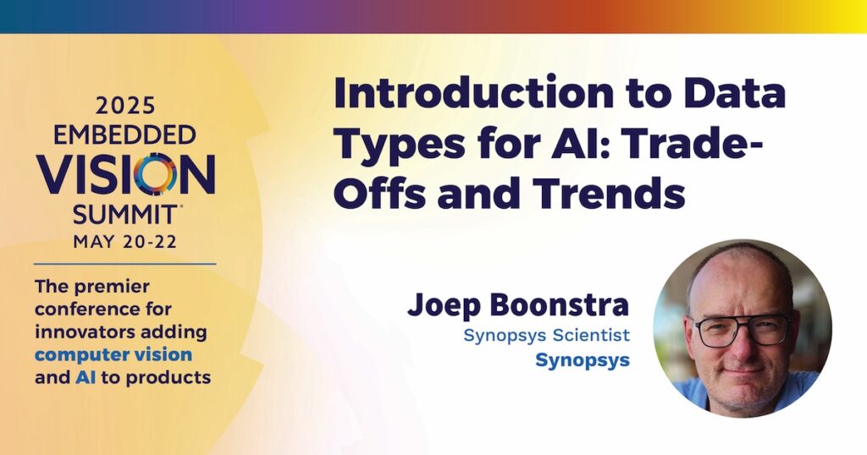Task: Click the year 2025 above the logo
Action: click(x=125, y=106)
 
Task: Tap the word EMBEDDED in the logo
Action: click(x=125, y=134)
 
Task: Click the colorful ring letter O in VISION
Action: click(x=156, y=174)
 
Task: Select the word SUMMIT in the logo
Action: click(x=125, y=214)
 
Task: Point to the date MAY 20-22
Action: click(x=125, y=242)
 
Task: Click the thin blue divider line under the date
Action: click(x=125, y=264)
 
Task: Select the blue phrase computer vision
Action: click(x=113, y=354)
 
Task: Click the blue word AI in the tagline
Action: click(x=81, y=378)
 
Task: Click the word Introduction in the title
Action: click(x=474, y=94)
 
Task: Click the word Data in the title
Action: click(x=735, y=94)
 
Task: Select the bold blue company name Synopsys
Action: click(x=583, y=361)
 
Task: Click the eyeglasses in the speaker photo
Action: click(x=742, y=330)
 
